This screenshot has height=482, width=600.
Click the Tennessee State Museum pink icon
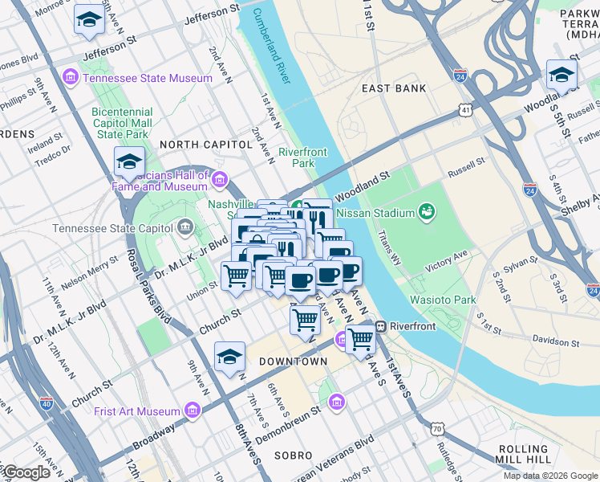pyautogui.click(x=71, y=78)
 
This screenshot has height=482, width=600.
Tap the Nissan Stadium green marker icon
pyautogui.click(x=427, y=212)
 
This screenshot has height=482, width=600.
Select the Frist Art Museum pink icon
pyautogui.click(x=192, y=411)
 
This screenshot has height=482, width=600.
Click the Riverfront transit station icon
pyautogui.click(x=381, y=326)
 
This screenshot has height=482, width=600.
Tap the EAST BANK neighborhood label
pyautogui.click(x=394, y=88)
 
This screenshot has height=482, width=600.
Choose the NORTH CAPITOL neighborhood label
pyautogui.click(x=205, y=144)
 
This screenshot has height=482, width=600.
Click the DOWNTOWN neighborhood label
pyautogui.click(x=293, y=362)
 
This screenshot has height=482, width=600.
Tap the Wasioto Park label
pyautogui.click(x=443, y=300)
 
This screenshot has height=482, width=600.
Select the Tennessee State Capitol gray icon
pyautogui.click(x=186, y=228)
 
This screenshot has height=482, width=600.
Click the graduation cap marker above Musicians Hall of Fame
pyautogui.click(x=128, y=162)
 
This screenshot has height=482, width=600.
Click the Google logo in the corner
pyautogui.click(x=26, y=472)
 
